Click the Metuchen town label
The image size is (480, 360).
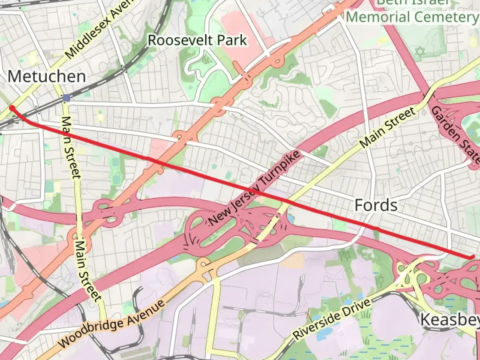point(47,77)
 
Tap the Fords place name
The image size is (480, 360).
point(376,205)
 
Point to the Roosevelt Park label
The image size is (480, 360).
point(197,40)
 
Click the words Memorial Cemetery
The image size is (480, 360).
point(412,17)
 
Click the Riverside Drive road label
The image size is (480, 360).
point(332,319)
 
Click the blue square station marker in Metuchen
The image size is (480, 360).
point(66,98)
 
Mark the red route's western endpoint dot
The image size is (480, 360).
point(12,108)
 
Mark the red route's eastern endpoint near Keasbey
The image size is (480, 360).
point(473,257)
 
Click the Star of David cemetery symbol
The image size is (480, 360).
point(420,52)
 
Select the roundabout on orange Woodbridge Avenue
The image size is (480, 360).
point(203,265)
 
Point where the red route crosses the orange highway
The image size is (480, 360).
point(159,163)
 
